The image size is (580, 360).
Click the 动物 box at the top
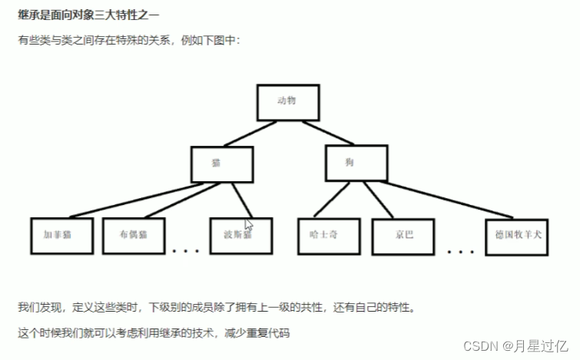point(287,101)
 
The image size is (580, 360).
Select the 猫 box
point(221,163)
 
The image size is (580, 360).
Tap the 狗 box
point(351,163)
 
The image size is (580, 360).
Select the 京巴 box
point(404,235)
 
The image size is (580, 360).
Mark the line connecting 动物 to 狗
point(319,133)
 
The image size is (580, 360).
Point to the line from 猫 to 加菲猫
point(123,200)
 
